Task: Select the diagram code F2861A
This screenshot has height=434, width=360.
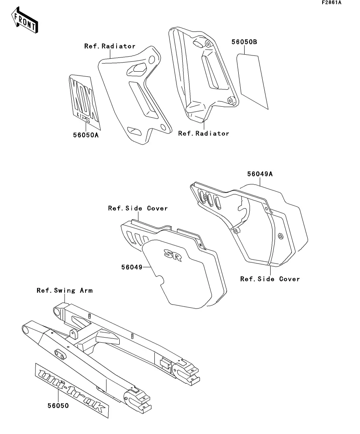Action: [x=331, y=2]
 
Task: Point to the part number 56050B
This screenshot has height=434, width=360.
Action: [x=244, y=42]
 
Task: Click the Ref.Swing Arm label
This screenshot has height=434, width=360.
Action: [x=65, y=290]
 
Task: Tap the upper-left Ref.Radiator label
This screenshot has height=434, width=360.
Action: [x=110, y=46]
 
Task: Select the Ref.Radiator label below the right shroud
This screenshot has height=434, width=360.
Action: [x=204, y=133]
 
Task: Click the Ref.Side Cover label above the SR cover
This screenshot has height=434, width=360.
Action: [x=138, y=208]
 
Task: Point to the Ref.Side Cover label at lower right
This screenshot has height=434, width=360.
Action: [x=270, y=279]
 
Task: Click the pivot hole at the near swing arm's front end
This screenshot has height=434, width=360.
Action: [x=28, y=329]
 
